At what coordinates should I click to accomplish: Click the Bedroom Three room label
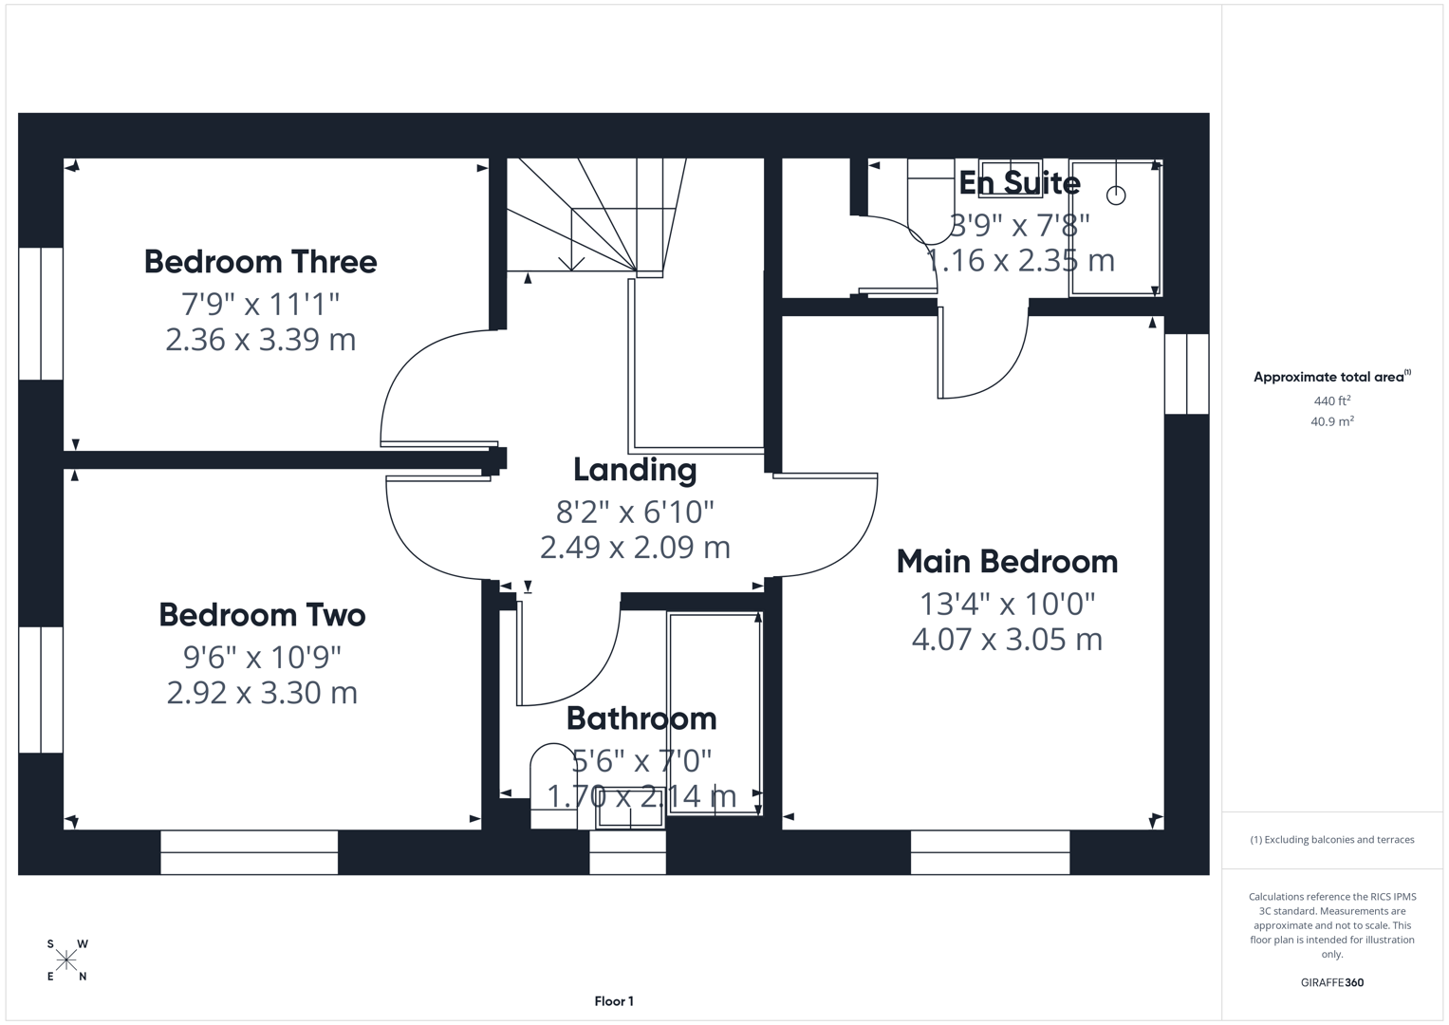click(x=260, y=262)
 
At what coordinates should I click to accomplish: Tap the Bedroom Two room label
click(x=262, y=615)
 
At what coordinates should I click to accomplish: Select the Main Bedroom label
click(x=1007, y=562)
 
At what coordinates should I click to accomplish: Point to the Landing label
click(x=635, y=471)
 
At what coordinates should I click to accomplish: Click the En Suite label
click(x=1019, y=183)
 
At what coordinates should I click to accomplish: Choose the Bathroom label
click(x=641, y=718)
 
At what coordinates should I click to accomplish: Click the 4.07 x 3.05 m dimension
click(x=1007, y=640)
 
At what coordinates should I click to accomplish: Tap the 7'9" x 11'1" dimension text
click(x=260, y=304)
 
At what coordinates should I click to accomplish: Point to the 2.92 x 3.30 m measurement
click(x=262, y=693)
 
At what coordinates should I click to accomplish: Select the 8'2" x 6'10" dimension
click(x=635, y=512)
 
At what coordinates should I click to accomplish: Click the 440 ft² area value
click(x=1332, y=401)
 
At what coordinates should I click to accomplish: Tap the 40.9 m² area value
click(x=1332, y=421)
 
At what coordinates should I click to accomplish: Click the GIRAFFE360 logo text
click(x=1332, y=982)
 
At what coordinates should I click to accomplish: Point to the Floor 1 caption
click(x=614, y=1001)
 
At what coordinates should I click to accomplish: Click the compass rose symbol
click(x=66, y=960)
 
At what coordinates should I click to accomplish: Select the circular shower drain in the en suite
click(x=1116, y=195)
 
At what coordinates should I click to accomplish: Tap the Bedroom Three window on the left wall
click(x=41, y=313)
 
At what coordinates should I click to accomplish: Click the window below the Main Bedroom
click(x=990, y=852)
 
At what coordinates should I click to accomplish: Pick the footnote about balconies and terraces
click(x=1332, y=840)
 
